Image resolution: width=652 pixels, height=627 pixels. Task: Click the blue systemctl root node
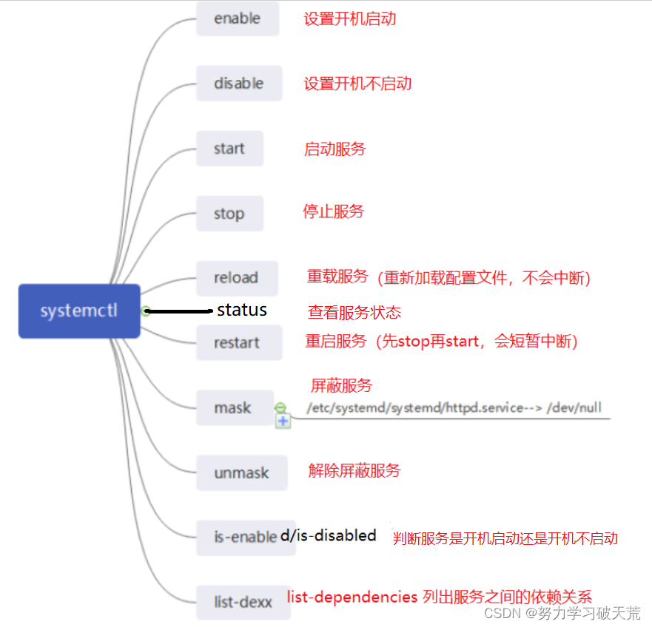coord(79,311)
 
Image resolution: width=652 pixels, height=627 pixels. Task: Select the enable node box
coord(238,18)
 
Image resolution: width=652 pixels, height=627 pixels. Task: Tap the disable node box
coord(238,84)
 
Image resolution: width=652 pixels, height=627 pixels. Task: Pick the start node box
coord(229,149)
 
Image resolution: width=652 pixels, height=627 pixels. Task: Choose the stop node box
coord(229,214)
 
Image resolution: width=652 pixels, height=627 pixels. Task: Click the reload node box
coord(236,278)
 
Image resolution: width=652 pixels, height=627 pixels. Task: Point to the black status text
coord(242,311)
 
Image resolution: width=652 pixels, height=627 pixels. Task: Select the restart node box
coord(238,343)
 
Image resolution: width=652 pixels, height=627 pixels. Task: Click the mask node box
coord(233,407)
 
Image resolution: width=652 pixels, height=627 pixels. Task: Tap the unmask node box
coord(241,472)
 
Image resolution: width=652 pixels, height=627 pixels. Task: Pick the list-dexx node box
coord(243,602)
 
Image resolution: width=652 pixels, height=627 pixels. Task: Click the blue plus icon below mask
coord(283,421)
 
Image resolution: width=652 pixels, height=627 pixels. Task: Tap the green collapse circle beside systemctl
coord(146,311)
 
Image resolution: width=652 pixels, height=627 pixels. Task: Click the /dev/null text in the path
coord(582,407)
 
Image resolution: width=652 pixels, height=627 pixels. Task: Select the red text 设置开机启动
coord(350,18)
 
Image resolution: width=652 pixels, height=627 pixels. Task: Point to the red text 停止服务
coord(334,211)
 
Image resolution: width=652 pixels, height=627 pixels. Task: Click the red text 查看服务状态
coord(354,312)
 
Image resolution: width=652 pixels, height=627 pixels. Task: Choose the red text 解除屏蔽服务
coord(354,470)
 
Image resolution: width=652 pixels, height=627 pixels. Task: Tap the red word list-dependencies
coord(352,596)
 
